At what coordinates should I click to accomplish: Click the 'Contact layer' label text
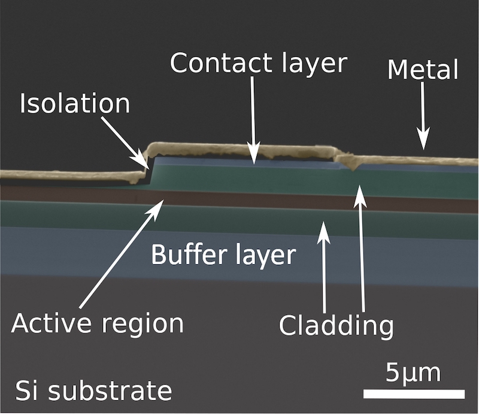(x=258, y=63)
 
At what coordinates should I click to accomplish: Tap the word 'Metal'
(x=423, y=70)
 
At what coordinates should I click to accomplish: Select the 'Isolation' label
(x=75, y=104)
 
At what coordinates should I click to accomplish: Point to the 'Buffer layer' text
(x=223, y=255)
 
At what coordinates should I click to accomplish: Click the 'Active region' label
(x=98, y=324)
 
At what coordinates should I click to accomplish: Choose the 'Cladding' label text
(x=336, y=327)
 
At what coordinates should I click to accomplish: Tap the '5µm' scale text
(x=413, y=372)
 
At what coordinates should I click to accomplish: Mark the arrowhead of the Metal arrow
(x=423, y=147)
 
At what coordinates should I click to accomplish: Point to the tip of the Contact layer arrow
(x=254, y=162)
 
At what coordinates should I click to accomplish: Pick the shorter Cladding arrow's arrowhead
(x=323, y=223)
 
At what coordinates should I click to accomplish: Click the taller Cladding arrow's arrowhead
(x=359, y=187)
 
